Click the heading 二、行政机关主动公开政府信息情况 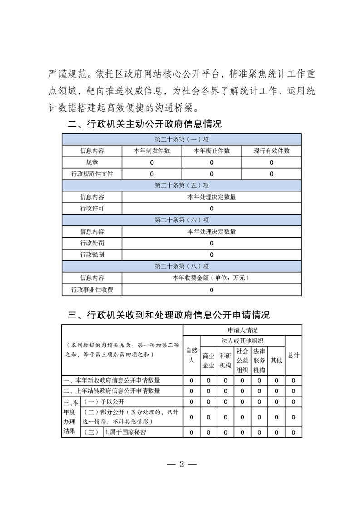click(144, 124)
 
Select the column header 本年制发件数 click(152, 151)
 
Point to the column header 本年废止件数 click(212, 151)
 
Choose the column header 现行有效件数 click(271, 151)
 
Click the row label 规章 click(92, 162)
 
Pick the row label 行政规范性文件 click(92, 174)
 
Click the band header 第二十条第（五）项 click(182, 186)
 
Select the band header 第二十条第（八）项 click(182, 266)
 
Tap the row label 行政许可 click(92, 209)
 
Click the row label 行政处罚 click(92, 243)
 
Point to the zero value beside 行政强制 click(212, 255)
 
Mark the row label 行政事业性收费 click(92, 289)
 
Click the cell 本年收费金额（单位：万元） click(212, 278)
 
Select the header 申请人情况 click(242, 330)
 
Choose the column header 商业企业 click(208, 361)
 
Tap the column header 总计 click(293, 356)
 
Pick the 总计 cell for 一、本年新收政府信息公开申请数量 click(293, 381)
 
